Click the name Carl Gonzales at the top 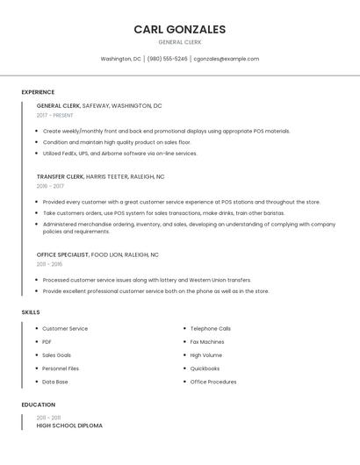[179, 29]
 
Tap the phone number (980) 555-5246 [167, 59]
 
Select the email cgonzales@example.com [226, 59]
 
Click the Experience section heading [38, 92]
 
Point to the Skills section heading [31, 312]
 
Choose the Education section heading [38, 405]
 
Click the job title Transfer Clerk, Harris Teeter [100, 176]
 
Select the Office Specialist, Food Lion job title [97, 254]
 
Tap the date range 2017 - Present [54, 115]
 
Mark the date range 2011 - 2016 [49, 264]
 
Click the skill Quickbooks [205, 368]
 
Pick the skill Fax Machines [206, 342]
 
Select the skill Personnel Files [61, 368]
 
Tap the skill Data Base [54, 382]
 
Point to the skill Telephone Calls [210, 328]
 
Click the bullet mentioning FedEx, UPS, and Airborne [119, 154]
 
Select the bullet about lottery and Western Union [146, 280]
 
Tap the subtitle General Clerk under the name [179, 42]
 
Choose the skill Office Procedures [212, 382]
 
